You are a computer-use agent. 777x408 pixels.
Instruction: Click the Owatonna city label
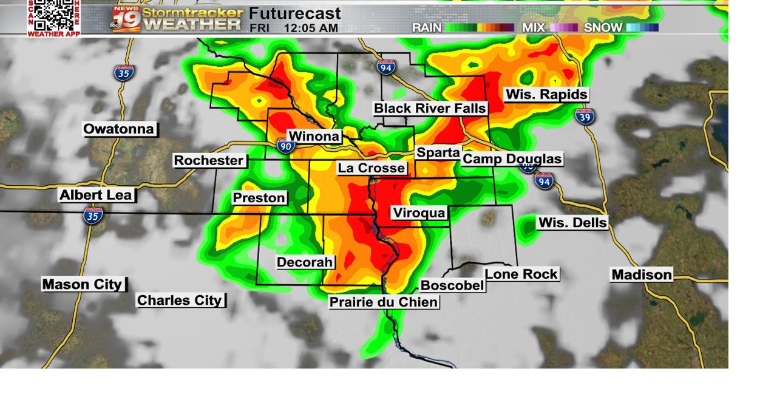[120, 129]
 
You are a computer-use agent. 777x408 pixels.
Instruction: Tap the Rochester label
[209, 161]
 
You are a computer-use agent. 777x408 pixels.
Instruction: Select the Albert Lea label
[97, 195]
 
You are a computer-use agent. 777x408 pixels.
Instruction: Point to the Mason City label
[83, 284]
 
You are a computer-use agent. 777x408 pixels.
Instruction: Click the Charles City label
[180, 301]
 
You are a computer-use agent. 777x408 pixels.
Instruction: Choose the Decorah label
[305, 262]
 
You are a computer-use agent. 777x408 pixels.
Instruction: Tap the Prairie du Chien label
[384, 302]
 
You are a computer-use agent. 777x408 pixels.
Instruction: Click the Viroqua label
[419, 213]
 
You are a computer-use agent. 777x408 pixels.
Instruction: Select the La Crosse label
[372, 168]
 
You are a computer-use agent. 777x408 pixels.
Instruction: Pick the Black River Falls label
[430, 109]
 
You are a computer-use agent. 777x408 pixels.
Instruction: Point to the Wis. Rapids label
[546, 95]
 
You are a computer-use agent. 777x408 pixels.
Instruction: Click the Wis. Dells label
[572, 223]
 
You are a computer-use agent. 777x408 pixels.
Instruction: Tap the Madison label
[642, 275]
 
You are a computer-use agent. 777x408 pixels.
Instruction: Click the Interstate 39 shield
[585, 117]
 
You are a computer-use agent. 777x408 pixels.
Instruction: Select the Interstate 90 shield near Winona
[286, 145]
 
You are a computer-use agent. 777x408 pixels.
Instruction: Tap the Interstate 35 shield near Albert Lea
[93, 215]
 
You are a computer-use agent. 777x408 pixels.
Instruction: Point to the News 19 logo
[126, 19]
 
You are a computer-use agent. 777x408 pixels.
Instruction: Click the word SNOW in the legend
[603, 27]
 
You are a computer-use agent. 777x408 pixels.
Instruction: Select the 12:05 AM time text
[311, 28]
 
